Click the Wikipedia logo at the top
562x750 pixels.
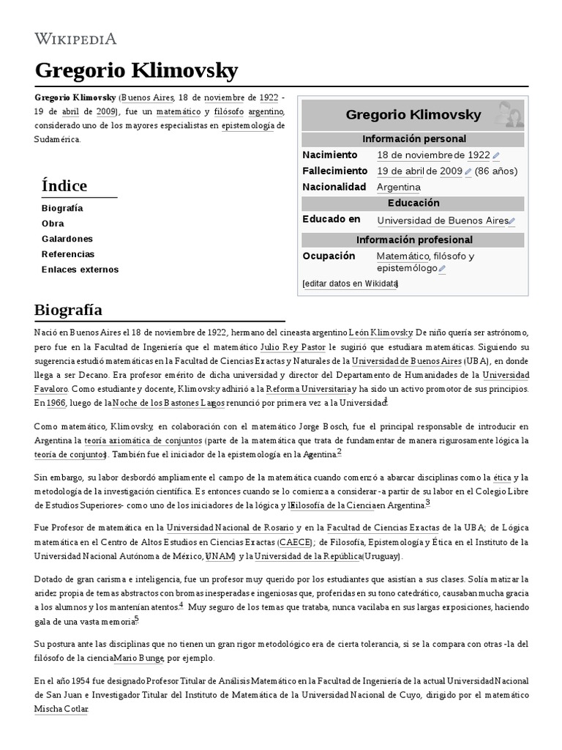pyautogui.click(x=75, y=39)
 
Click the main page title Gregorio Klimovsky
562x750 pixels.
pyautogui.click(x=136, y=71)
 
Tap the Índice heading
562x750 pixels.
pyautogui.click(x=64, y=185)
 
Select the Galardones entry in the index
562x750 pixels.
pyautogui.click(x=67, y=239)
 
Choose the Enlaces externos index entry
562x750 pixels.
pyautogui.click(x=80, y=270)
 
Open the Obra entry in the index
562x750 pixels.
pyautogui.click(x=53, y=223)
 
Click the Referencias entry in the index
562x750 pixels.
pyautogui.click(x=68, y=254)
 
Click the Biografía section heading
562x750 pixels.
pyautogui.click(x=68, y=310)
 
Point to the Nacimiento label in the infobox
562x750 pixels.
pyautogui.click(x=329, y=155)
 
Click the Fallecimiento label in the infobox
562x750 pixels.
pyautogui.click(x=334, y=171)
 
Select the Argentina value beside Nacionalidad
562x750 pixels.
pyautogui.click(x=399, y=187)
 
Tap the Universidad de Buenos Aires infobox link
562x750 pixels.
pyautogui.click(x=442, y=220)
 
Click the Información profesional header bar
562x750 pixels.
pyautogui.click(x=414, y=240)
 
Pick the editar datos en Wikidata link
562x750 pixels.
pyautogui.click(x=350, y=283)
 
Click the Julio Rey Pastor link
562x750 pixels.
pyautogui.click(x=293, y=346)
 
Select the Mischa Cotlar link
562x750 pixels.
pyautogui.click(x=61, y=709)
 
